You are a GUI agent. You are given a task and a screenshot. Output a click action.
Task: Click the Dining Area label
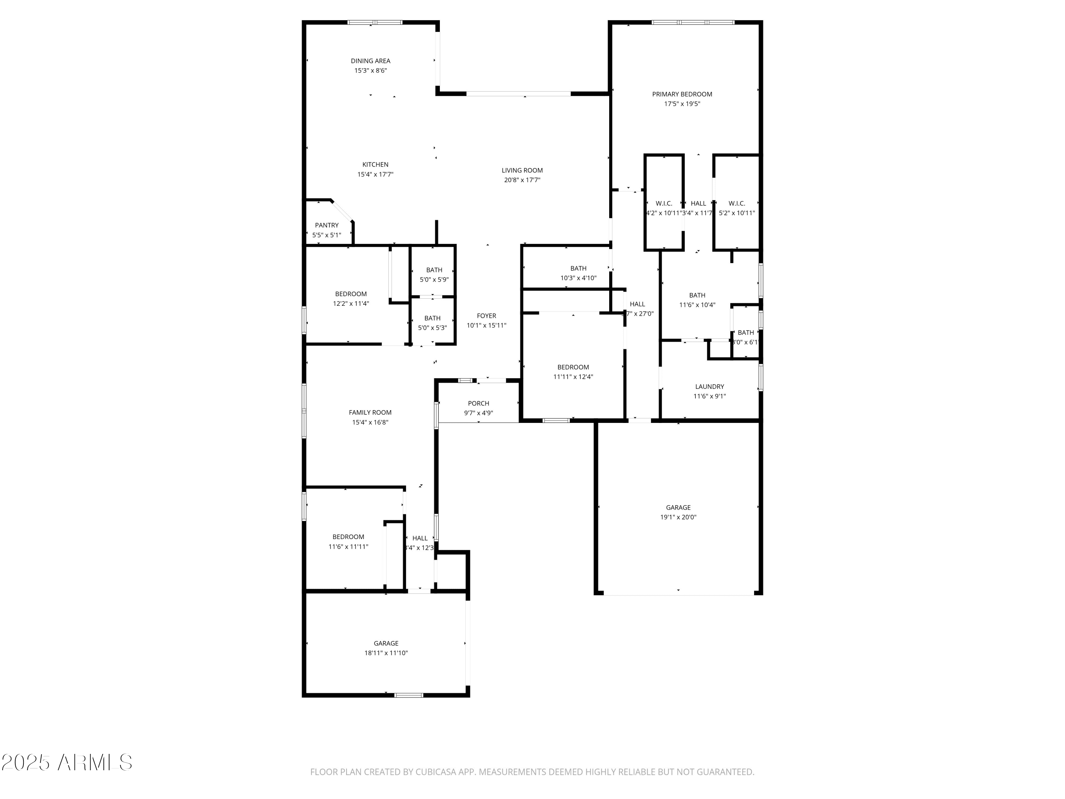point(370,61)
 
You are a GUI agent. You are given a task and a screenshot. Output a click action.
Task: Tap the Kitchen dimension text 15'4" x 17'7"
point(375,174)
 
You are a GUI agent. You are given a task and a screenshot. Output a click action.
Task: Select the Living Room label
point(522,170)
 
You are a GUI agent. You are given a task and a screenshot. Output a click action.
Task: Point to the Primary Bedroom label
point(682,94)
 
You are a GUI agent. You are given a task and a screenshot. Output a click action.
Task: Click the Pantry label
point(327,225)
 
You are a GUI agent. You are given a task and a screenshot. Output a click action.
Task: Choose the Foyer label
point(486,315)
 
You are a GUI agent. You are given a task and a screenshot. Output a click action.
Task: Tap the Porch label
point(478,403)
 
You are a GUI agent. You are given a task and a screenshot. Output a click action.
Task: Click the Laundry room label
point(709,386)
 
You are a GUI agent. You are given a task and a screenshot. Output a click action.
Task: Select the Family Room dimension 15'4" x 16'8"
point(370,422)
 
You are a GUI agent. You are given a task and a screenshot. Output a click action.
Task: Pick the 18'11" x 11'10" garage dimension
point(386,653)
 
